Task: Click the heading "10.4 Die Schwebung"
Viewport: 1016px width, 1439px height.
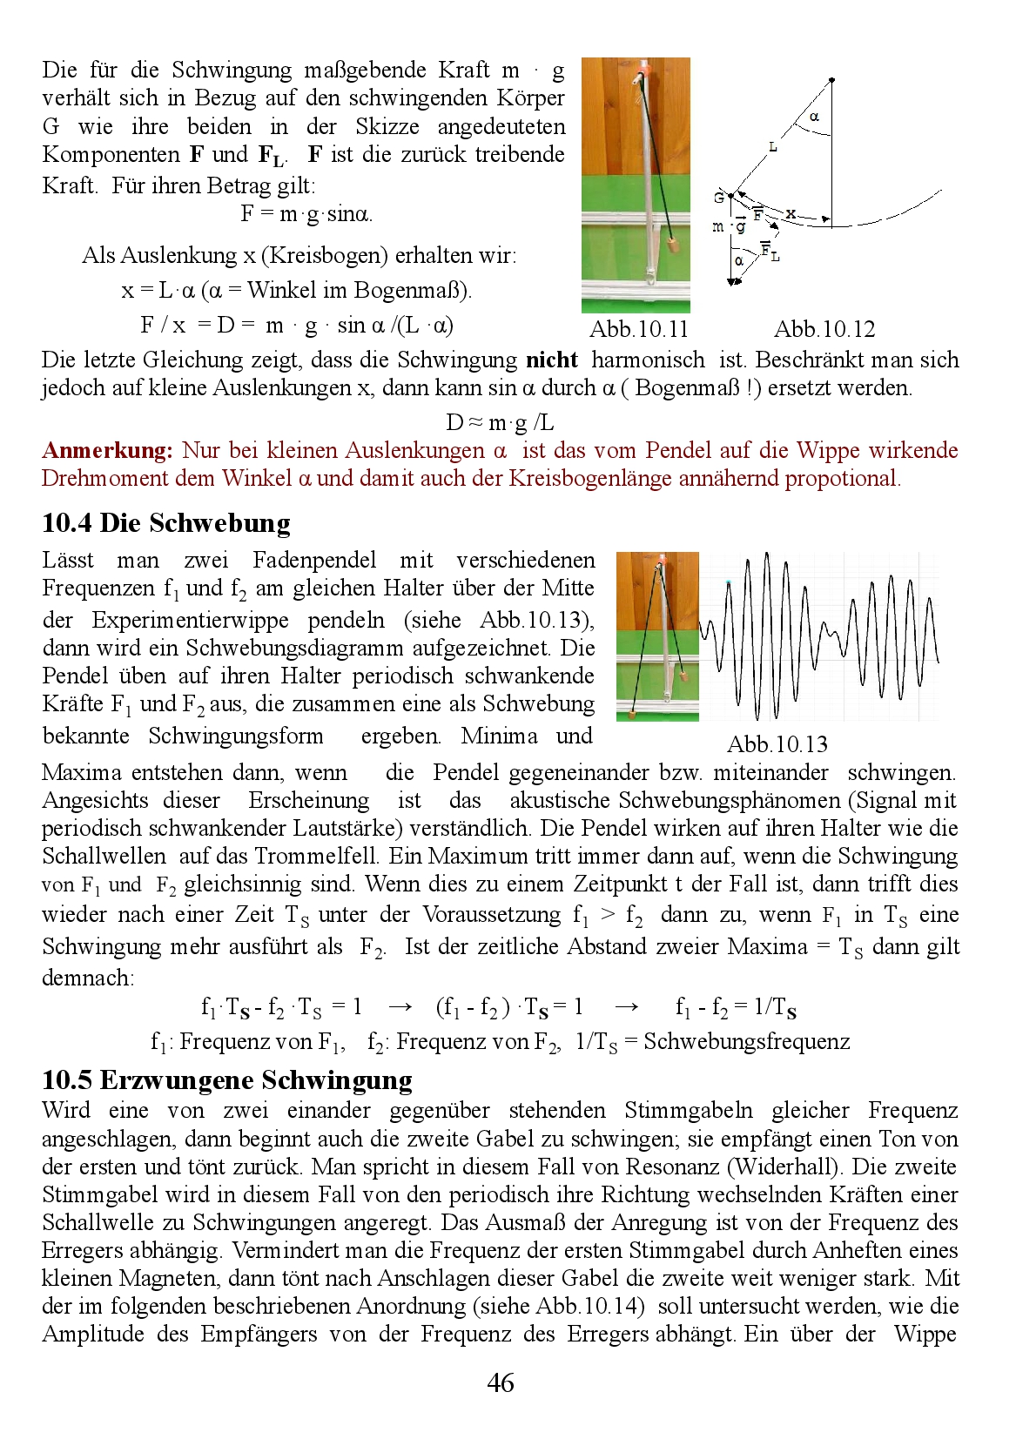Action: click(x=166, y=523)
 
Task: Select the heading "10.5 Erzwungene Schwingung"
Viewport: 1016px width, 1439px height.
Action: click(x=227, y=1080)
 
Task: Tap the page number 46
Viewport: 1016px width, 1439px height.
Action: click(x=501, y=1382)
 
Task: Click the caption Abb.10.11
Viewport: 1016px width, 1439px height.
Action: click(x=638, y=329)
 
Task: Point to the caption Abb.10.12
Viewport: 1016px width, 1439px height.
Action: click(x=824, y=329)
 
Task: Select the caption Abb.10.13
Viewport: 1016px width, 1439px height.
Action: click(x=777, y=744)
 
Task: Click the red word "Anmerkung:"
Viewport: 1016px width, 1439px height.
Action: click(x=107, y=450)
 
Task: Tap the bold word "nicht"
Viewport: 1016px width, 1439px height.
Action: click(x=552, y=360)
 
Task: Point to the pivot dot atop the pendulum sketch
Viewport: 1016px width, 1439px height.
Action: click(x=832, y=80)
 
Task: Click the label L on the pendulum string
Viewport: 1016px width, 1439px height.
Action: click(x=772, y=148)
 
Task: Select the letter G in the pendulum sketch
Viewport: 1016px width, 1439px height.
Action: click(x=719, y=198)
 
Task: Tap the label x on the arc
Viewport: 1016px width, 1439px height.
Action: click(x=791, y=213)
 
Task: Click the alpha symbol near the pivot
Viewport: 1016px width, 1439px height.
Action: click(x=814, y=117)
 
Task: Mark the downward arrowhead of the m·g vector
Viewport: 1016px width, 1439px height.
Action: click(x=733, y=280)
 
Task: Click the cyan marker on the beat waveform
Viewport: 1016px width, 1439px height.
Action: click(x=729, y=581)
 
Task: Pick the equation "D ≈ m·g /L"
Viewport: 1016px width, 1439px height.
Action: click(x=500, y=423)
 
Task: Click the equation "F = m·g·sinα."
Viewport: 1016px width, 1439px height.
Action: click(x=306, y=213)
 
